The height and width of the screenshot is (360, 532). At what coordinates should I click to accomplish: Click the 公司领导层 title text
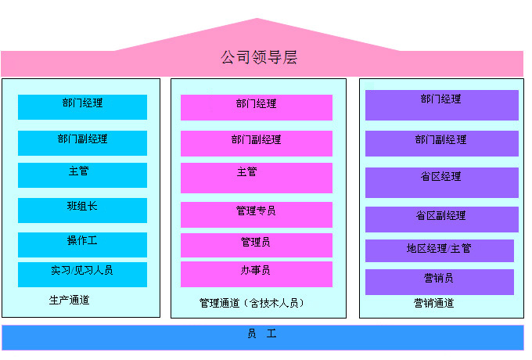[259, 58]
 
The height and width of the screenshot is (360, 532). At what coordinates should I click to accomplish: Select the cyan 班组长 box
[82, 210]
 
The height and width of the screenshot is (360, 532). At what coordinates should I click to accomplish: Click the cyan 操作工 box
[82, 244]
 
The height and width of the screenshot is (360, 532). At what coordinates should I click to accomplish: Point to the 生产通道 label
[69, 300]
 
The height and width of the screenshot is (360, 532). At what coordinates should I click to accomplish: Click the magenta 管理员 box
[256, 245]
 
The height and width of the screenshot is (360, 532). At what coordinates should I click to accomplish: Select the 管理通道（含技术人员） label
[252, 303]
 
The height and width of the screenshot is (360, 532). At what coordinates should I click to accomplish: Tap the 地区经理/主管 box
[439, 250]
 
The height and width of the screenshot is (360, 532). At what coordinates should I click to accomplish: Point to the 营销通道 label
[433, 303]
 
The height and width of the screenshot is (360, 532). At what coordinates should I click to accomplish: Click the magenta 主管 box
[256, 177]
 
